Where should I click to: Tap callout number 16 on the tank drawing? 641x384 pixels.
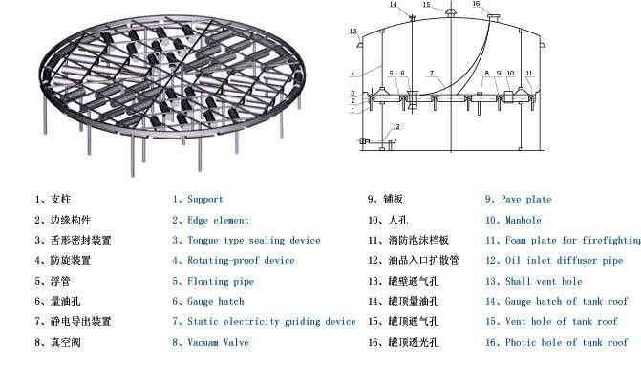click(477, 5)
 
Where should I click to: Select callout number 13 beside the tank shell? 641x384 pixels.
click(353, 32)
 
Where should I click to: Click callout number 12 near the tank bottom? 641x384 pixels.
click(396, 127)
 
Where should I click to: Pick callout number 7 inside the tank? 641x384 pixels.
click(432, 74)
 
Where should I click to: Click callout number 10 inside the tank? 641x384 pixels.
click(511, 74)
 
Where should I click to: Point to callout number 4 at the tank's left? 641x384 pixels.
click(352, 73)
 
